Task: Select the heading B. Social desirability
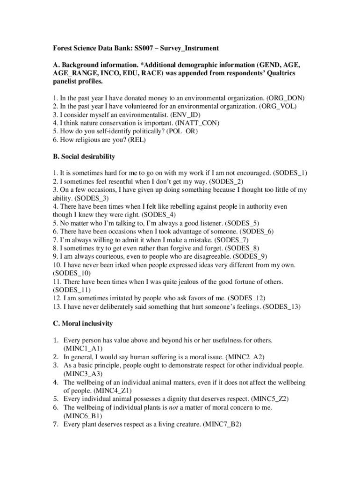tap(84, 156)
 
